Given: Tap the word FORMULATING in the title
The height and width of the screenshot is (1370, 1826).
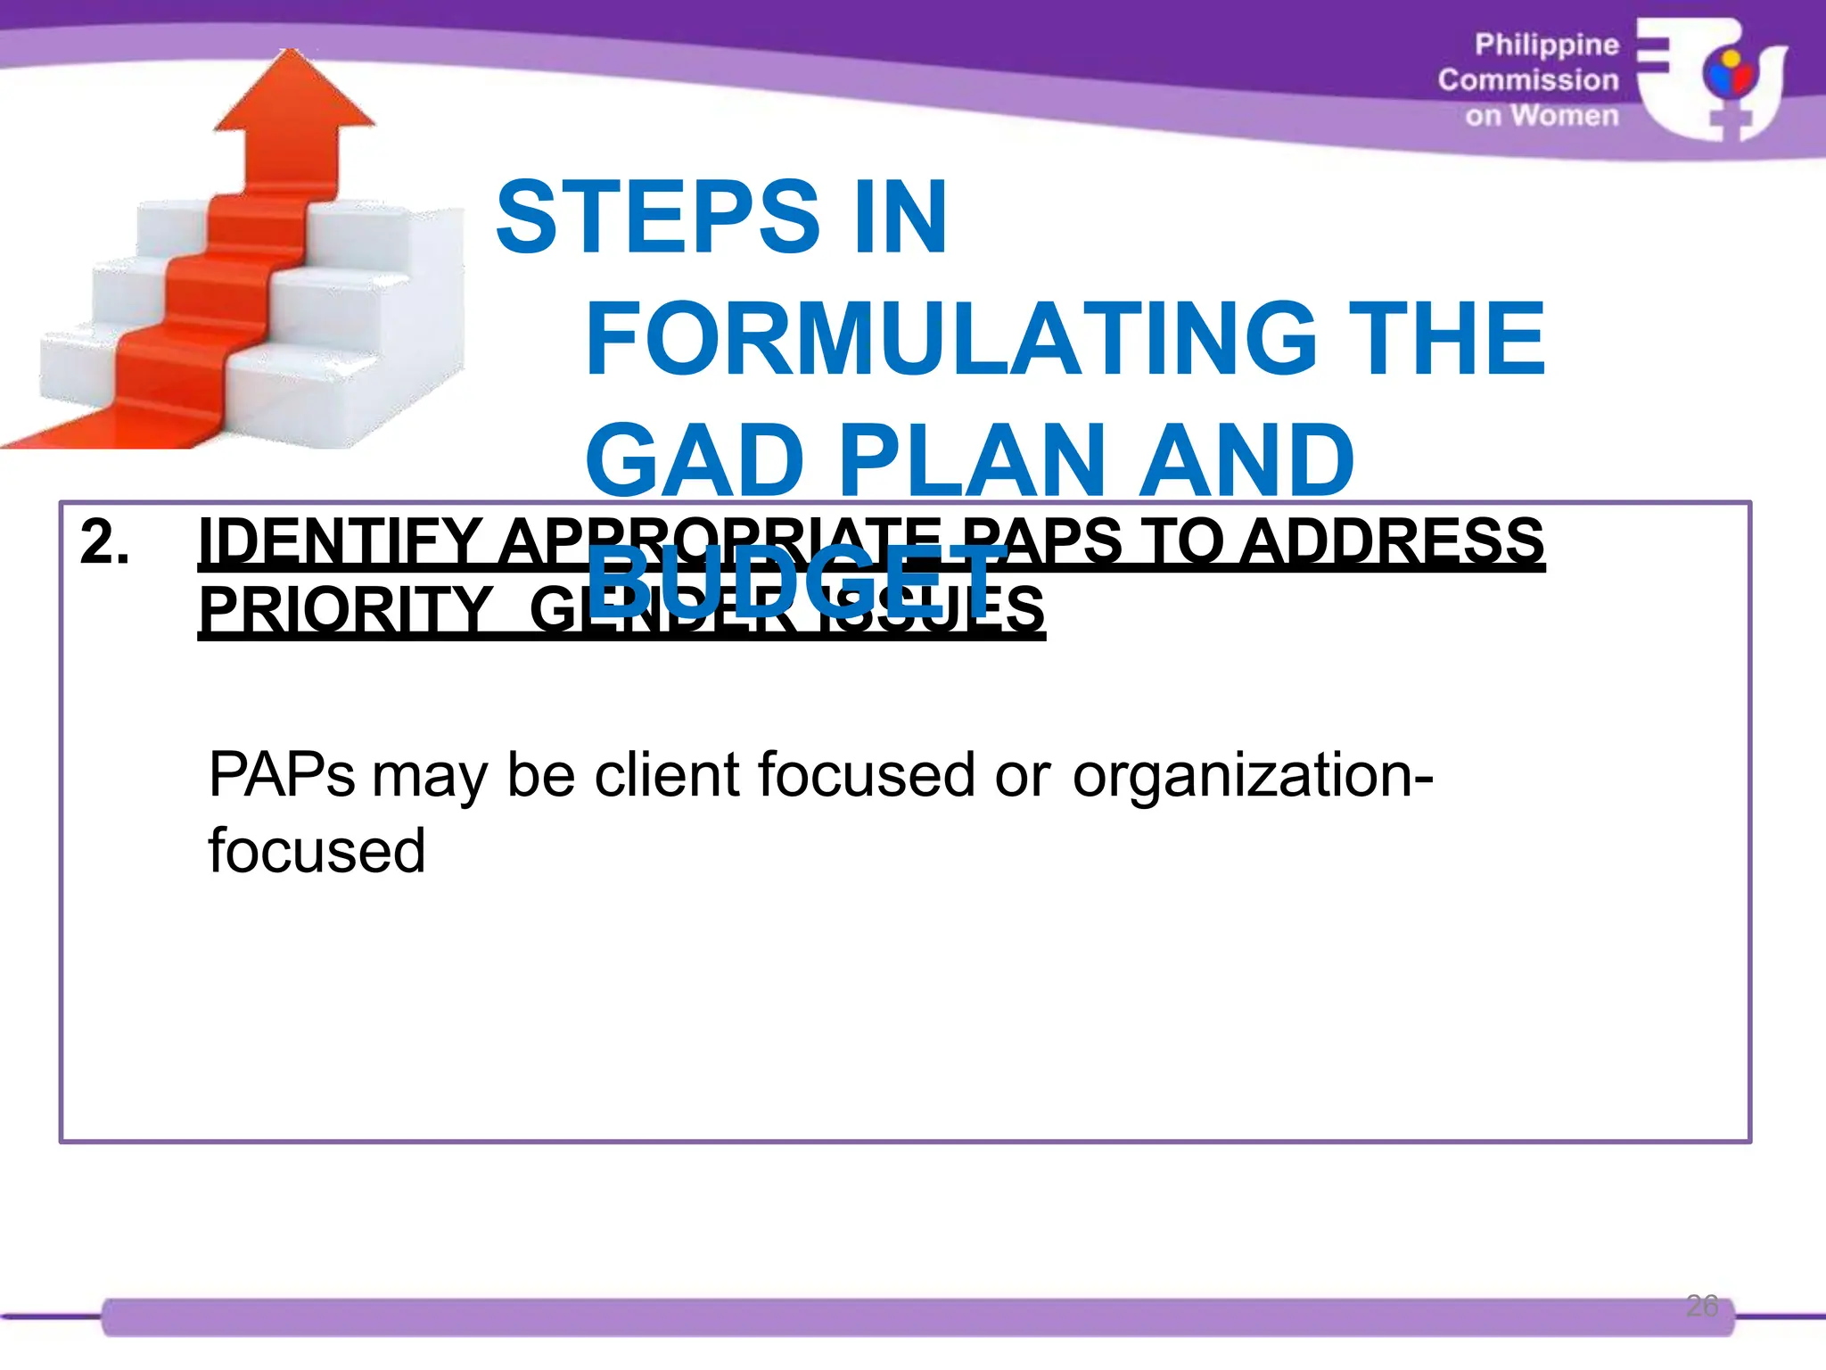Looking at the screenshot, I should (950, 339).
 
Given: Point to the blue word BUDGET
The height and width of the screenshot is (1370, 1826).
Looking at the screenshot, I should (796, 582).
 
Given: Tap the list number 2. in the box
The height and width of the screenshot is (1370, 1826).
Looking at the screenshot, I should (104, 542).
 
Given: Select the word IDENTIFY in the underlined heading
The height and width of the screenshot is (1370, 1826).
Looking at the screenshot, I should (341, 542).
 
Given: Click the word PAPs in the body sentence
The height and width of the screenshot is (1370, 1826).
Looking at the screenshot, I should (282, 774).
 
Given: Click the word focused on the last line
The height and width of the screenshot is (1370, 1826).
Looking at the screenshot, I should (317, 850).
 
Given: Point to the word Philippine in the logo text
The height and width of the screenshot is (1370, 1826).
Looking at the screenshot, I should (1546, 45).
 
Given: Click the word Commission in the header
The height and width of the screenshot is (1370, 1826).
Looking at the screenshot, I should (1527, 80).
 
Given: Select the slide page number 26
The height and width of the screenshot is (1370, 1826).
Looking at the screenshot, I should (1702, 1306).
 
